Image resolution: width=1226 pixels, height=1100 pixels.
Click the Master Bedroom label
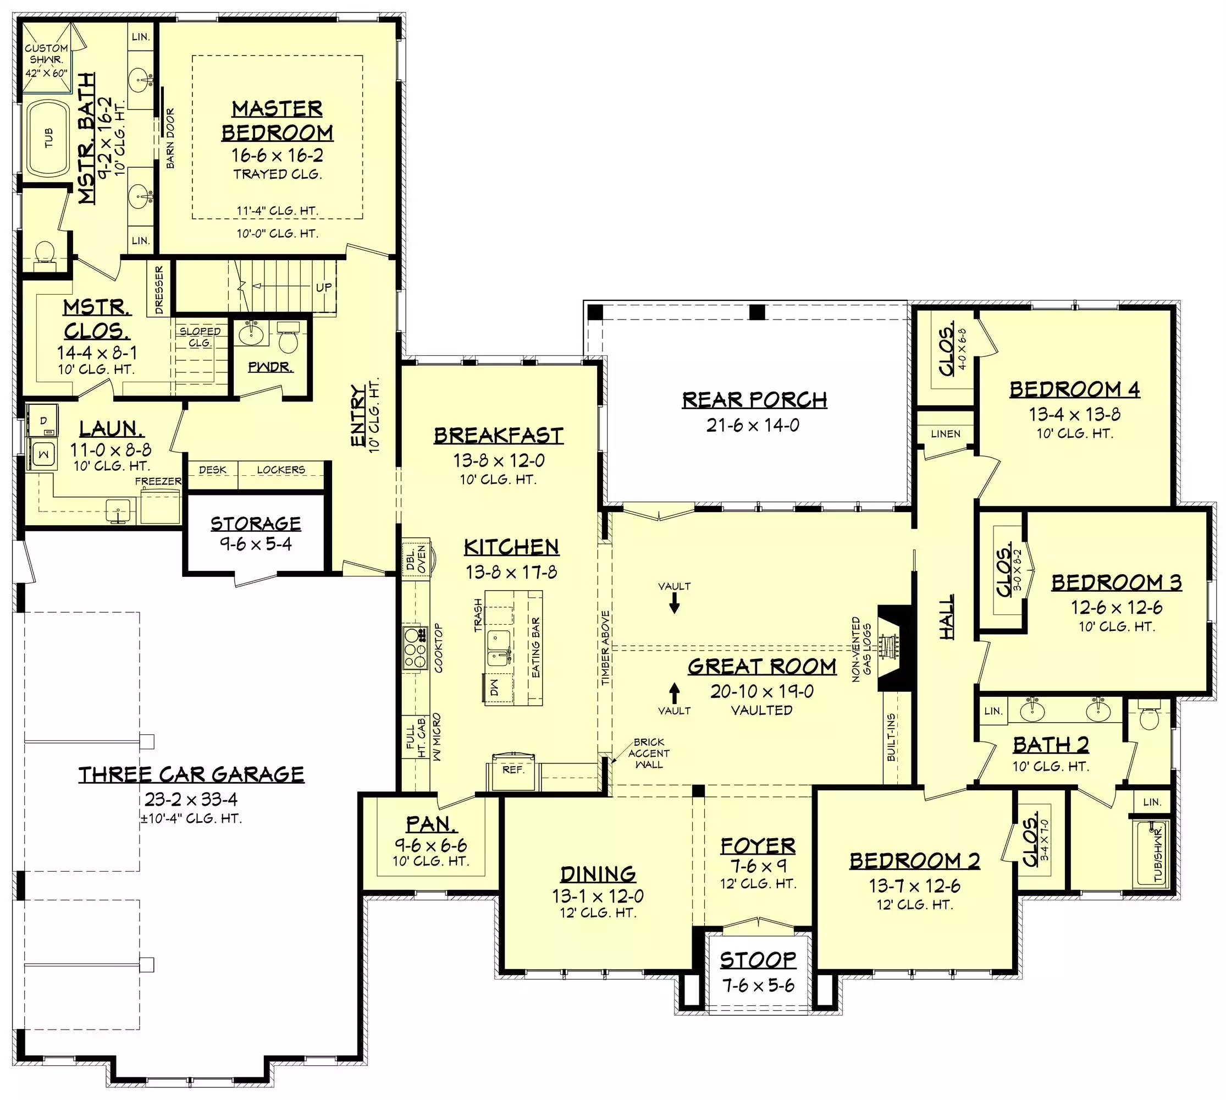pyautogui.click(x=277, y=120)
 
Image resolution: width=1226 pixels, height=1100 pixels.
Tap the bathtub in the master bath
pyautogui.click(x=49, y=139)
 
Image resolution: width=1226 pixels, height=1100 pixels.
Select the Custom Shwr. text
pyautogui.click(x=47, y=54)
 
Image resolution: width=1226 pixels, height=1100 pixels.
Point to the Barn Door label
pyautogui.click(x=170, y=139)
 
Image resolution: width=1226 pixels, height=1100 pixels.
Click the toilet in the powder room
pyautogui.click(x=288, y=338)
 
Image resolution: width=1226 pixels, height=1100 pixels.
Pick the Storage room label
pyautogui.click(x=256, y=524)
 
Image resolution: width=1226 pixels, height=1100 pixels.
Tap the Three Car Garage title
pyautogui.click(x=191, y=774)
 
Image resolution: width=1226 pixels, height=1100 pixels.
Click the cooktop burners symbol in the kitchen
pyautogui.click(x=415, y=648)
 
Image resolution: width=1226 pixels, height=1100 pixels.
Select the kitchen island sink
pyautogui.click(x=499, y=647)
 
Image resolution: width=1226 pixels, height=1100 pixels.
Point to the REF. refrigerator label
pyautogui.click(x=513, y=769)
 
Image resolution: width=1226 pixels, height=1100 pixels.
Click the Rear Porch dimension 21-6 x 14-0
pyautogui.click(x=753, y=426)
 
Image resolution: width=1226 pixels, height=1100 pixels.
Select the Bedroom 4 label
pyautogui.click(x=1074, y=389)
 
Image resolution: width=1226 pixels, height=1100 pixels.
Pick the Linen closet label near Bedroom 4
pyautogui.click(x=946, y=433)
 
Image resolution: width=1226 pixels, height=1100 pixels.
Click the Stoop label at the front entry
pyautogui.click(x=758, y=959)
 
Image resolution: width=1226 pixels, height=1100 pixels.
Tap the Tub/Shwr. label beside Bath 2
pyautogui.click(x=1158, y=855)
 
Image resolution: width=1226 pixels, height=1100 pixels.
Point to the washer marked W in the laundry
pyautogui.click(x=43, y=454)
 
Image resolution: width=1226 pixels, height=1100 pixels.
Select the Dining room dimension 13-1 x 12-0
pyautogui.click(x=598, y=896)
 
